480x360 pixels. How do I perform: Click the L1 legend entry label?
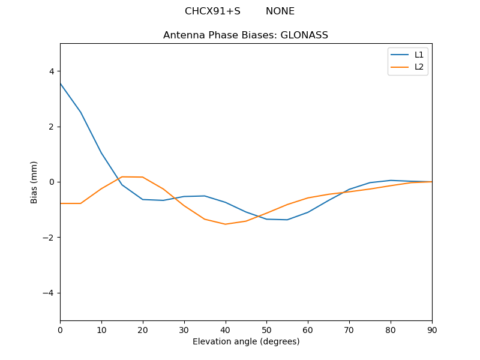419,55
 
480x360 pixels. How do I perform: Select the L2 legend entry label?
419,67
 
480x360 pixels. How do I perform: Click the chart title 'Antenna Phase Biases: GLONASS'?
245,35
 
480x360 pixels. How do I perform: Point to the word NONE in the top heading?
280,11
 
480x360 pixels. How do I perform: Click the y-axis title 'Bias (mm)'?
34,182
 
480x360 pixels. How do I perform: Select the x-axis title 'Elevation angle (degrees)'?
245,341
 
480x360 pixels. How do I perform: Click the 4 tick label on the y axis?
51,71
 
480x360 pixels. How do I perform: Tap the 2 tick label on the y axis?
51,127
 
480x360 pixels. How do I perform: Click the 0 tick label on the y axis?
51,182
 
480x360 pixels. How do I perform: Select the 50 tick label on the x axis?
266,329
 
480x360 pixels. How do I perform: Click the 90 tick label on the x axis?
431,329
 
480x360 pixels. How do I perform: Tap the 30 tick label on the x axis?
184,329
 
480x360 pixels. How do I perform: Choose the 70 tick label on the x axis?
349,329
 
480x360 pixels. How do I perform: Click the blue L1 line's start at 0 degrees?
61,83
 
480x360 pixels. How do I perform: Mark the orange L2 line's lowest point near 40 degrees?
225,224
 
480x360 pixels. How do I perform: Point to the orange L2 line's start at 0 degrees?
61,203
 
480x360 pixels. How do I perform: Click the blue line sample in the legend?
400,55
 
